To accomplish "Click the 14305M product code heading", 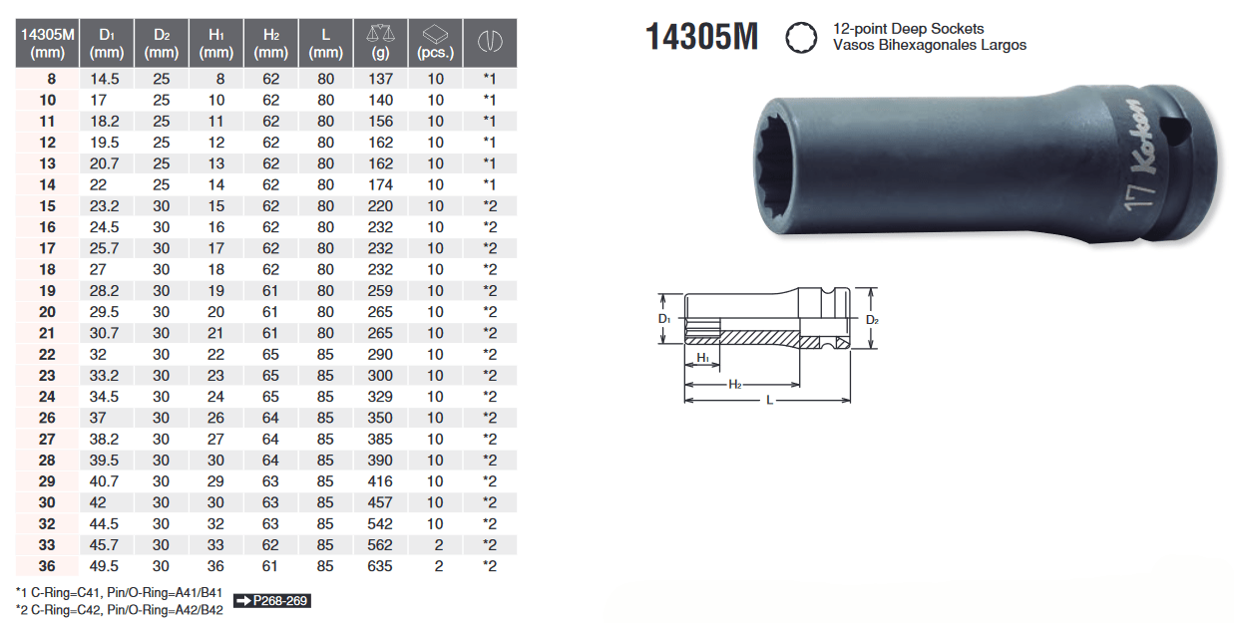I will coord(701,38).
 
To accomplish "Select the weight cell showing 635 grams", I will coord(380,566).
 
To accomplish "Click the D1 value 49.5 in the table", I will coord(106,566).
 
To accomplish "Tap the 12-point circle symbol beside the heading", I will coord(799,38).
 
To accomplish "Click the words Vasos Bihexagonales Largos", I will coord(929,45).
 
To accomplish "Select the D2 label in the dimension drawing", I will coord(872,320).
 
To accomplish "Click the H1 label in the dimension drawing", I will coord(702,358).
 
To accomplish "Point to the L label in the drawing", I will coord(769,400).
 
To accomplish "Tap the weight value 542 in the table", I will coord(380,524).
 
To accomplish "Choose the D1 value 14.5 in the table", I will coord(106,79).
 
